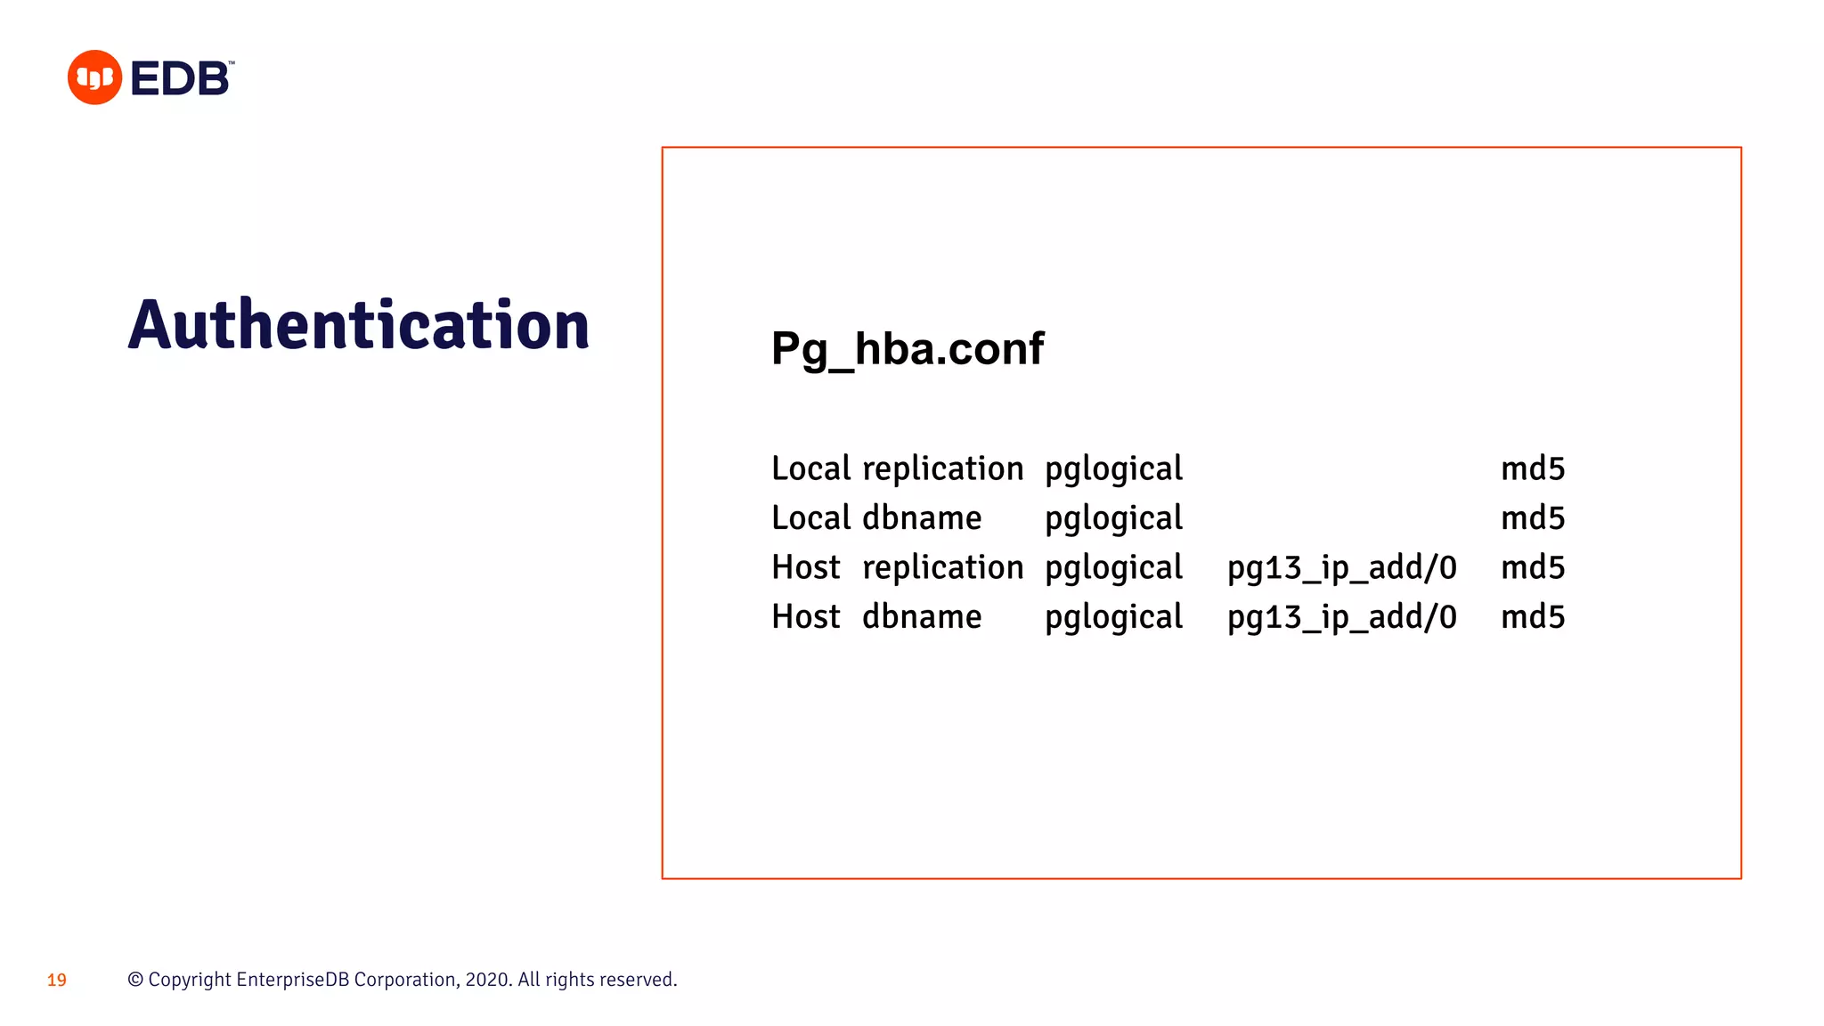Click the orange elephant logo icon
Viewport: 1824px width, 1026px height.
click(x=94, y=77)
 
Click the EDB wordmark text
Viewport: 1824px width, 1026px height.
click(x=181, y=78)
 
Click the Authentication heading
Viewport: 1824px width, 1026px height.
click(x=358, y=325)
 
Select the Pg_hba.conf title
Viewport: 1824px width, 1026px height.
click(x=907, y=348)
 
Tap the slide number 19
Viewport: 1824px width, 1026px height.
click(x=57, y=981)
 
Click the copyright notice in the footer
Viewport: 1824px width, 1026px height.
click(x=403, y=980)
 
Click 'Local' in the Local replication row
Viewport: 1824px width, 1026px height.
click(x=810, y=468)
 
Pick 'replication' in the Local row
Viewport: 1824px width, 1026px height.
click(x=942, y=468)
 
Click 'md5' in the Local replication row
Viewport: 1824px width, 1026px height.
click(x=1532, y=468)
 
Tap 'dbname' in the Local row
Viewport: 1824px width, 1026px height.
click(x=922, y=518)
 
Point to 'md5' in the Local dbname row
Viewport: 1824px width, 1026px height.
click(x=1532, y=518)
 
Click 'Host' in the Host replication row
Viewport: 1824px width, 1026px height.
click(x=805, y=567)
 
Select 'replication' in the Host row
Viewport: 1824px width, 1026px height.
click(x=942, y=567)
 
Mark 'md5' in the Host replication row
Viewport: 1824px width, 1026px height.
click(x=1532, y=567)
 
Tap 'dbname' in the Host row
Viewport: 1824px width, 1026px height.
click(x=922, y=617)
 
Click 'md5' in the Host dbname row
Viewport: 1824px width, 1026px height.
click(x=1532, y=617)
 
